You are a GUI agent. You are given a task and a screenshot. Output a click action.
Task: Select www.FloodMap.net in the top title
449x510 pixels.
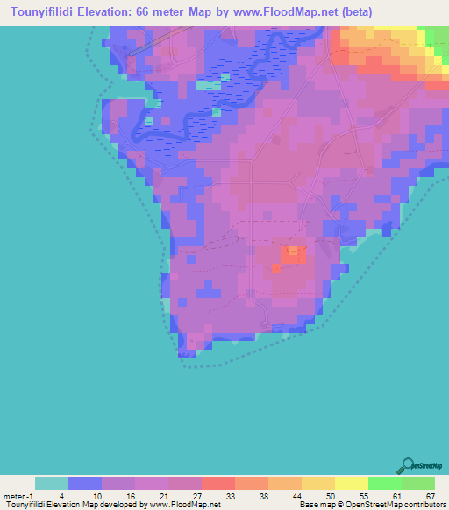285,12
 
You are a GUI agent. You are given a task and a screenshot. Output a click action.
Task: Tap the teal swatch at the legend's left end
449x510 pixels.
52,482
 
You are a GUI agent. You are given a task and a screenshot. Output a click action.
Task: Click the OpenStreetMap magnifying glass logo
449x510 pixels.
409,464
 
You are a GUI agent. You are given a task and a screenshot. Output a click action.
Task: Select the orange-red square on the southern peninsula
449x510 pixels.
293,255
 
